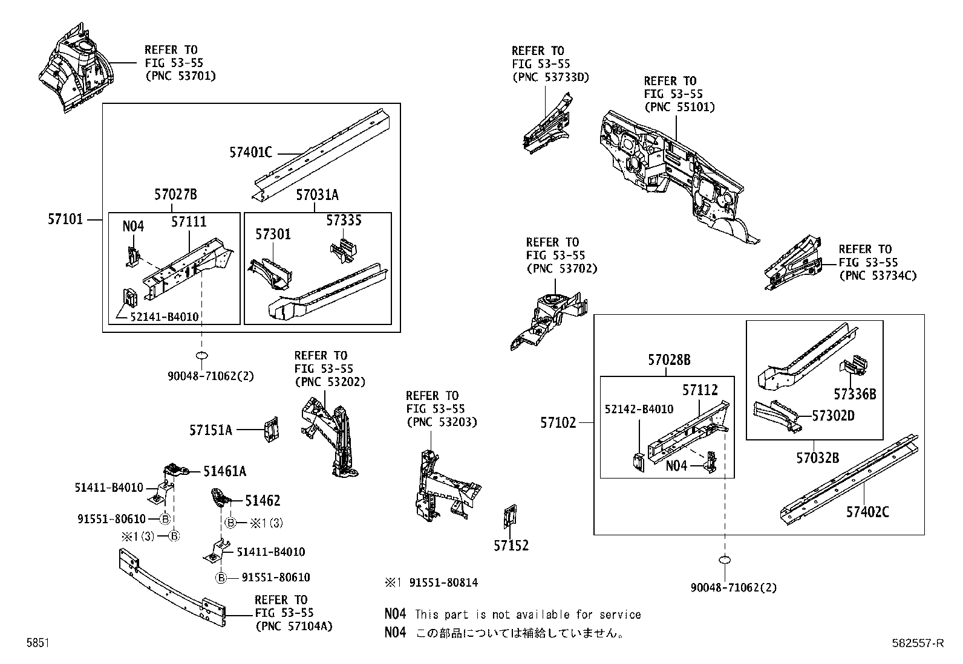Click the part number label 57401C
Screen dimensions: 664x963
(x=250, y=152)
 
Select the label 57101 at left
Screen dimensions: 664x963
(x=65, y=219)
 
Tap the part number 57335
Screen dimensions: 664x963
(x=344, y=221)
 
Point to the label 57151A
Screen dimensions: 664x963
(x=211, y=430)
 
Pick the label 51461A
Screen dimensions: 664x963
(x=224, y=471)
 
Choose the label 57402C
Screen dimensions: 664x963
(x=867, y=512)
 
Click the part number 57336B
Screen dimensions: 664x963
(x=854, y=395)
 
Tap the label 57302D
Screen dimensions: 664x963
(x=832, y=416)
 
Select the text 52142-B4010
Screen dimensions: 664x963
(x=639, y=409)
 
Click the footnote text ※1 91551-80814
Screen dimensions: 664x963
(x=431, y=583)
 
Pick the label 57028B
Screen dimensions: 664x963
(x=669, y=360)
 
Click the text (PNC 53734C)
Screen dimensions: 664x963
(x=878, y=276)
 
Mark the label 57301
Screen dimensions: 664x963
(x=273, y=234)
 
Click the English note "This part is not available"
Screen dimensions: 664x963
(x=527, y=614)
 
